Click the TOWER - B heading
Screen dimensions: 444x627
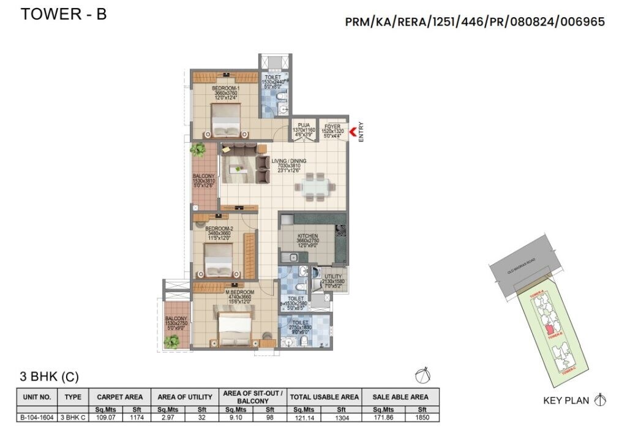coord(64,14)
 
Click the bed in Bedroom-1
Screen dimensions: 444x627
coord(226,122)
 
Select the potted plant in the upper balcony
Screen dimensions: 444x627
coord(197,149)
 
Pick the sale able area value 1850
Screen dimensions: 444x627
coord(421,418)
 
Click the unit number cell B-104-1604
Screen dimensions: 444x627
coord(37,418)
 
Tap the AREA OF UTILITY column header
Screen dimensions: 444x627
coord(185,397)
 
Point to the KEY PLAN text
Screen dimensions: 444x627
coord(566,401)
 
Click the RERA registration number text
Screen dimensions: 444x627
coord(475,22)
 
